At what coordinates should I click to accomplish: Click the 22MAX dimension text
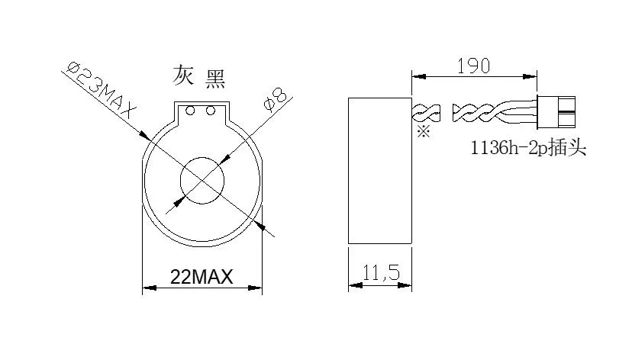[202, 277]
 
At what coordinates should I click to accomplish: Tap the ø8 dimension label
[272, 100]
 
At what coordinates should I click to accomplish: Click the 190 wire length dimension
[473, 65]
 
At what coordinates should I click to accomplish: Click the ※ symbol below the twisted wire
[424, 132]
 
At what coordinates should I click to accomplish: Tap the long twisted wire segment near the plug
[481, 114]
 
